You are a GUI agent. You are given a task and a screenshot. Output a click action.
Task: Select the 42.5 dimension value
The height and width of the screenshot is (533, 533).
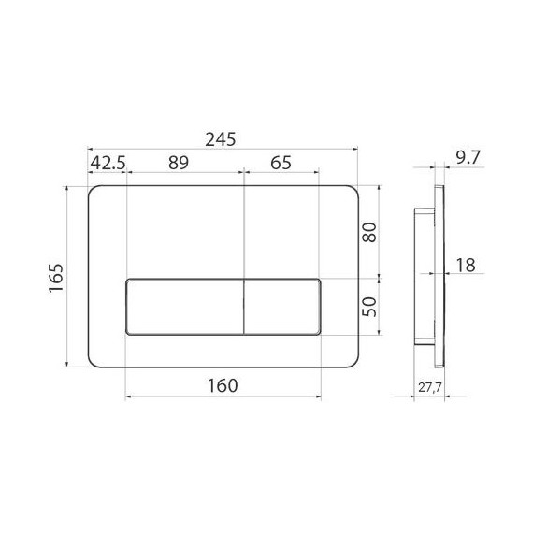pyautogui.click(x=107, y=162)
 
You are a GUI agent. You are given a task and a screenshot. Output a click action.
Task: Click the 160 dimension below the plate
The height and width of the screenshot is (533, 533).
pyautogui.click(x=220, y=384)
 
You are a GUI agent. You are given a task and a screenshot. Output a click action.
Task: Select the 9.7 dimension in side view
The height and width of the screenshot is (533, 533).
pyautogui.click(x=462, y=160)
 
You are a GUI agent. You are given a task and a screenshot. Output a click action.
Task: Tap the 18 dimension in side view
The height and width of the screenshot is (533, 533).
pyautogui.click(x=464, y=266)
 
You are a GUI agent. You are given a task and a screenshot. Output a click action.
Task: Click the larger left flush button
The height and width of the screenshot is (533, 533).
pyautogui.click(x=184, y=307)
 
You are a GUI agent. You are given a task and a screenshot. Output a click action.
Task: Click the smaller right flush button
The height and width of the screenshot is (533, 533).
pyautogui.click(x=282, y=307)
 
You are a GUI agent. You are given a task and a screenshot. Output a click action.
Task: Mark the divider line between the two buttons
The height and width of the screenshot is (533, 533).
pyautogui.click(x=243, y=307)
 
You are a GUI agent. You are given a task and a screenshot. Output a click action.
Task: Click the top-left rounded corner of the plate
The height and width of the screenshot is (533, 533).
pyautogui.click(x=94, y=192)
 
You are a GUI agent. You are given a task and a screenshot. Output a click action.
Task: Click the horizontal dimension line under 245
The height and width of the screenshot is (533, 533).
pyautogui.click(x=221, y=148)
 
